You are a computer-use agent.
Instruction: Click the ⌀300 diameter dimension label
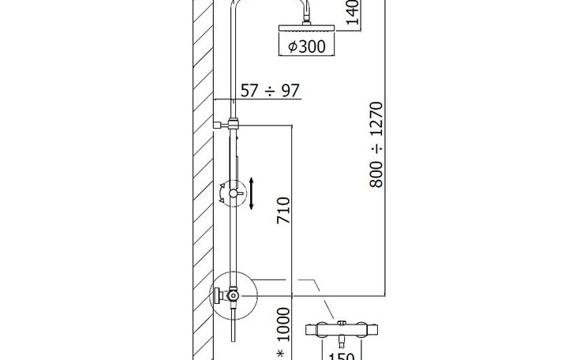(x=307, y=47)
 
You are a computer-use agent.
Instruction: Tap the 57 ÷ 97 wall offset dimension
(x=270, y=91)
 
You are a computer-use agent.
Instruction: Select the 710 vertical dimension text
(x=283, y=211)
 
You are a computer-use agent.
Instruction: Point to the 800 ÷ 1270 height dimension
(x=376, y=144)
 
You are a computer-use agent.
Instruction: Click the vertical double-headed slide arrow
(x=251, y=193)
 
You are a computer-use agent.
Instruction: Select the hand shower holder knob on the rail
(x=234, y=193)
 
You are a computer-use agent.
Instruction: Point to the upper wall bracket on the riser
(x=226, y=124)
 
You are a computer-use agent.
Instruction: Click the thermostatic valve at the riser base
(x=233, y=295)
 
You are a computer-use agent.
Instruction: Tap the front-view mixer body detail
(x=342, y=329)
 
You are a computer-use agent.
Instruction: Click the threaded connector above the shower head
(x=306, y=18)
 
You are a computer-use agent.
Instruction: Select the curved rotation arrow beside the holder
(x=223, y=193)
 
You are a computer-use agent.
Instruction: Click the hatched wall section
(x=203, y=180)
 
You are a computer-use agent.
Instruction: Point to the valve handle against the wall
(x=218, y=295)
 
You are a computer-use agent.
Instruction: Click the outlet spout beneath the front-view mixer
(x=342, y=342)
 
